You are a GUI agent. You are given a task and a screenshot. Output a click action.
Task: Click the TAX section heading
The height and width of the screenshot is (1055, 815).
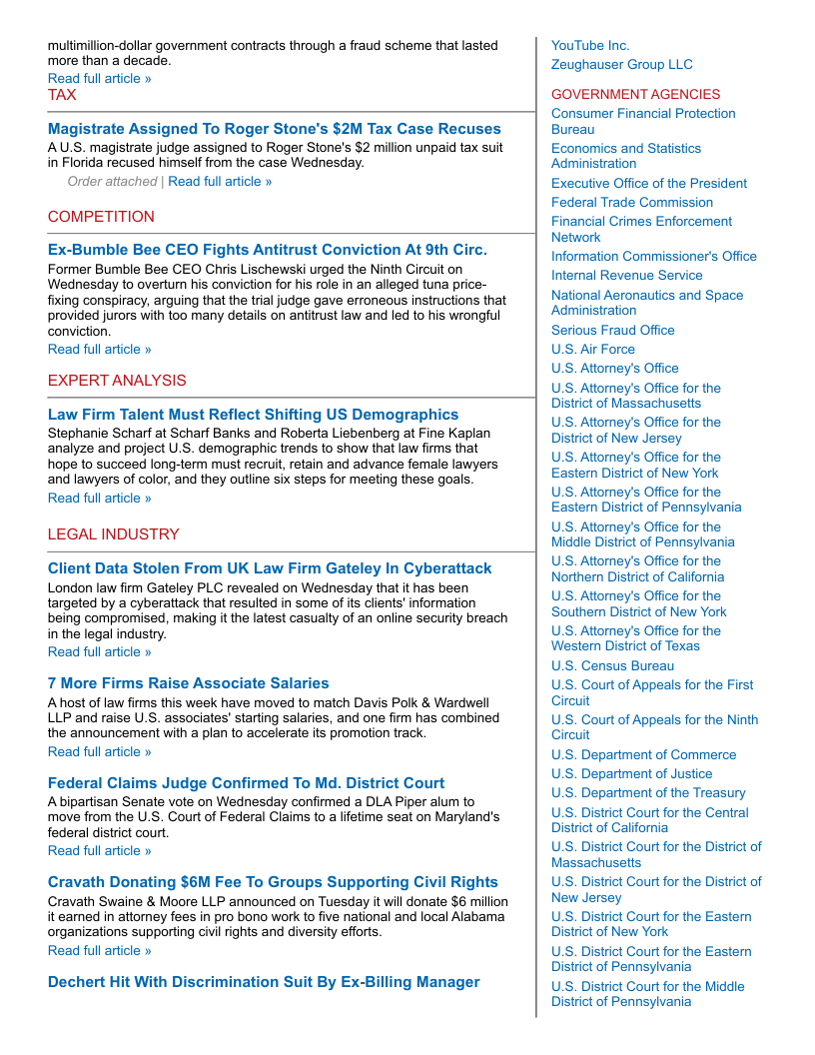coord(62,95)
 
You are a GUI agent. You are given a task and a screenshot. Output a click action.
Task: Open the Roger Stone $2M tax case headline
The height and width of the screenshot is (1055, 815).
coord(274,129)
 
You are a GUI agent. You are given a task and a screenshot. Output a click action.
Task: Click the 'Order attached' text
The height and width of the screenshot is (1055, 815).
coord(112,182)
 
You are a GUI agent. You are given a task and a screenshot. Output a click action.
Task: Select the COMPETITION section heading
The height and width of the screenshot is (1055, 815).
coord(101,217)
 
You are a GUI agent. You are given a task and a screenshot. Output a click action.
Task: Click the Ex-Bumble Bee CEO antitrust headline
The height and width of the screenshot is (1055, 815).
coord(267,250)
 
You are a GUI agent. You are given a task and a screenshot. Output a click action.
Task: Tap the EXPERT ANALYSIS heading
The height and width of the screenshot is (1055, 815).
coord(117,381)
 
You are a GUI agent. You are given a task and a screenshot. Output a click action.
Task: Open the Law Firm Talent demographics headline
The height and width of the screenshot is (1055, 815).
coord(253,415)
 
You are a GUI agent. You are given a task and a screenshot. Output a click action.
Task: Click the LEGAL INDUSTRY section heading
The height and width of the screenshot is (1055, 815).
coord(113,534)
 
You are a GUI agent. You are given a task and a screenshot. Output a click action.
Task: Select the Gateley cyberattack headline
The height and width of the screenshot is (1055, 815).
coord(270,568)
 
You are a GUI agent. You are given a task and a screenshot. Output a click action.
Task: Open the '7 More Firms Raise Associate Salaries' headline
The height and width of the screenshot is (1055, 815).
coord(188,683)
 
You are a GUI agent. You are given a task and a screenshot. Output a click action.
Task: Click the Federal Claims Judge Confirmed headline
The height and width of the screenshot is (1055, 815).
coord(246,783)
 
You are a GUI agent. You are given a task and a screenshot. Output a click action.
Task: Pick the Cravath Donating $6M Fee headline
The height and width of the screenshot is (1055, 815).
coord(273,882)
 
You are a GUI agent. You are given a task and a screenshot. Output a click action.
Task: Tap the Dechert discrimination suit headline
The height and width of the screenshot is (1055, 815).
coord(264,982)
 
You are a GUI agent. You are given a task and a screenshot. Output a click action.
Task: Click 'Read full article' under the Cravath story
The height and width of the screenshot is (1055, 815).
coord(100,951)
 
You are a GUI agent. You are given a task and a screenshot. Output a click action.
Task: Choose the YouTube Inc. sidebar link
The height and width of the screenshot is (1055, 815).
coord(590,46)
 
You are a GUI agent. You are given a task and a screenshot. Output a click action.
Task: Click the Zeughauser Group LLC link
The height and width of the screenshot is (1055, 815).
coord(621,65)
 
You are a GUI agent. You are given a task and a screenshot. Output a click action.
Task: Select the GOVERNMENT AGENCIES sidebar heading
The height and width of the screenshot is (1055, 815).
coord(635,95)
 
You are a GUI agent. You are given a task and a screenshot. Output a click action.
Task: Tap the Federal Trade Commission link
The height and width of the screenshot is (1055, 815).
coord(632,203)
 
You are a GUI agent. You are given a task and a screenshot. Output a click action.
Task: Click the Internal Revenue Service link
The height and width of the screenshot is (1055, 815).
coord(626,276)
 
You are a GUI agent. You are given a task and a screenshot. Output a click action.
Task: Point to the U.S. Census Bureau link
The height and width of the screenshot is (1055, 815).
coord(612,666)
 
